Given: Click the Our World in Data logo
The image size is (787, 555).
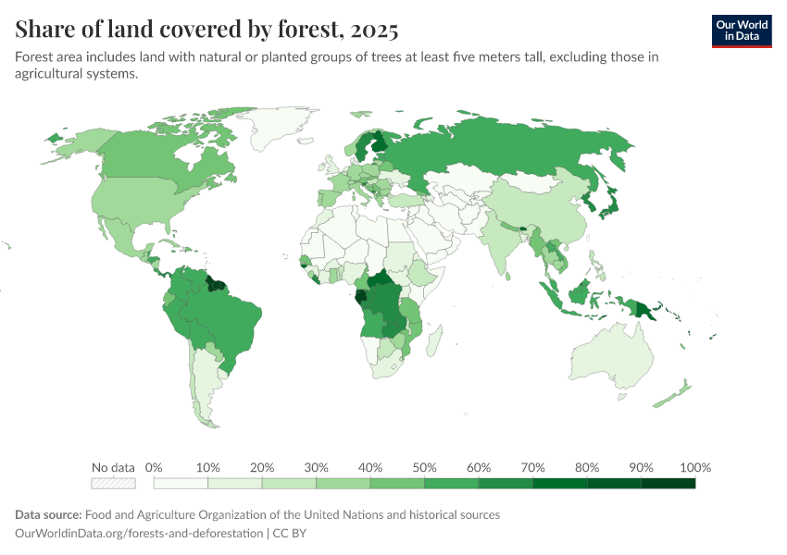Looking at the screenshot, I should click(742, 31).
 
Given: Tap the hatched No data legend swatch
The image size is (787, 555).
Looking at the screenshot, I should click(113, 483).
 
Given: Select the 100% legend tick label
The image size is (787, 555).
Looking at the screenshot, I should click(694, 467).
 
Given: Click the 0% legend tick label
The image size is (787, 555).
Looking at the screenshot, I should click(154, 467).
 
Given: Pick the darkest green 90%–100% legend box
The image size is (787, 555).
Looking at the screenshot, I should click(668, 483).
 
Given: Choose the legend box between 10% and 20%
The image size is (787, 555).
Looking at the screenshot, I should click(234, 483).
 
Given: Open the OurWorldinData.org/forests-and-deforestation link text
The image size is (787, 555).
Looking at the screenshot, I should click(140, 534).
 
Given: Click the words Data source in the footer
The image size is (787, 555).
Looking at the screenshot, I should click(48, 514).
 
